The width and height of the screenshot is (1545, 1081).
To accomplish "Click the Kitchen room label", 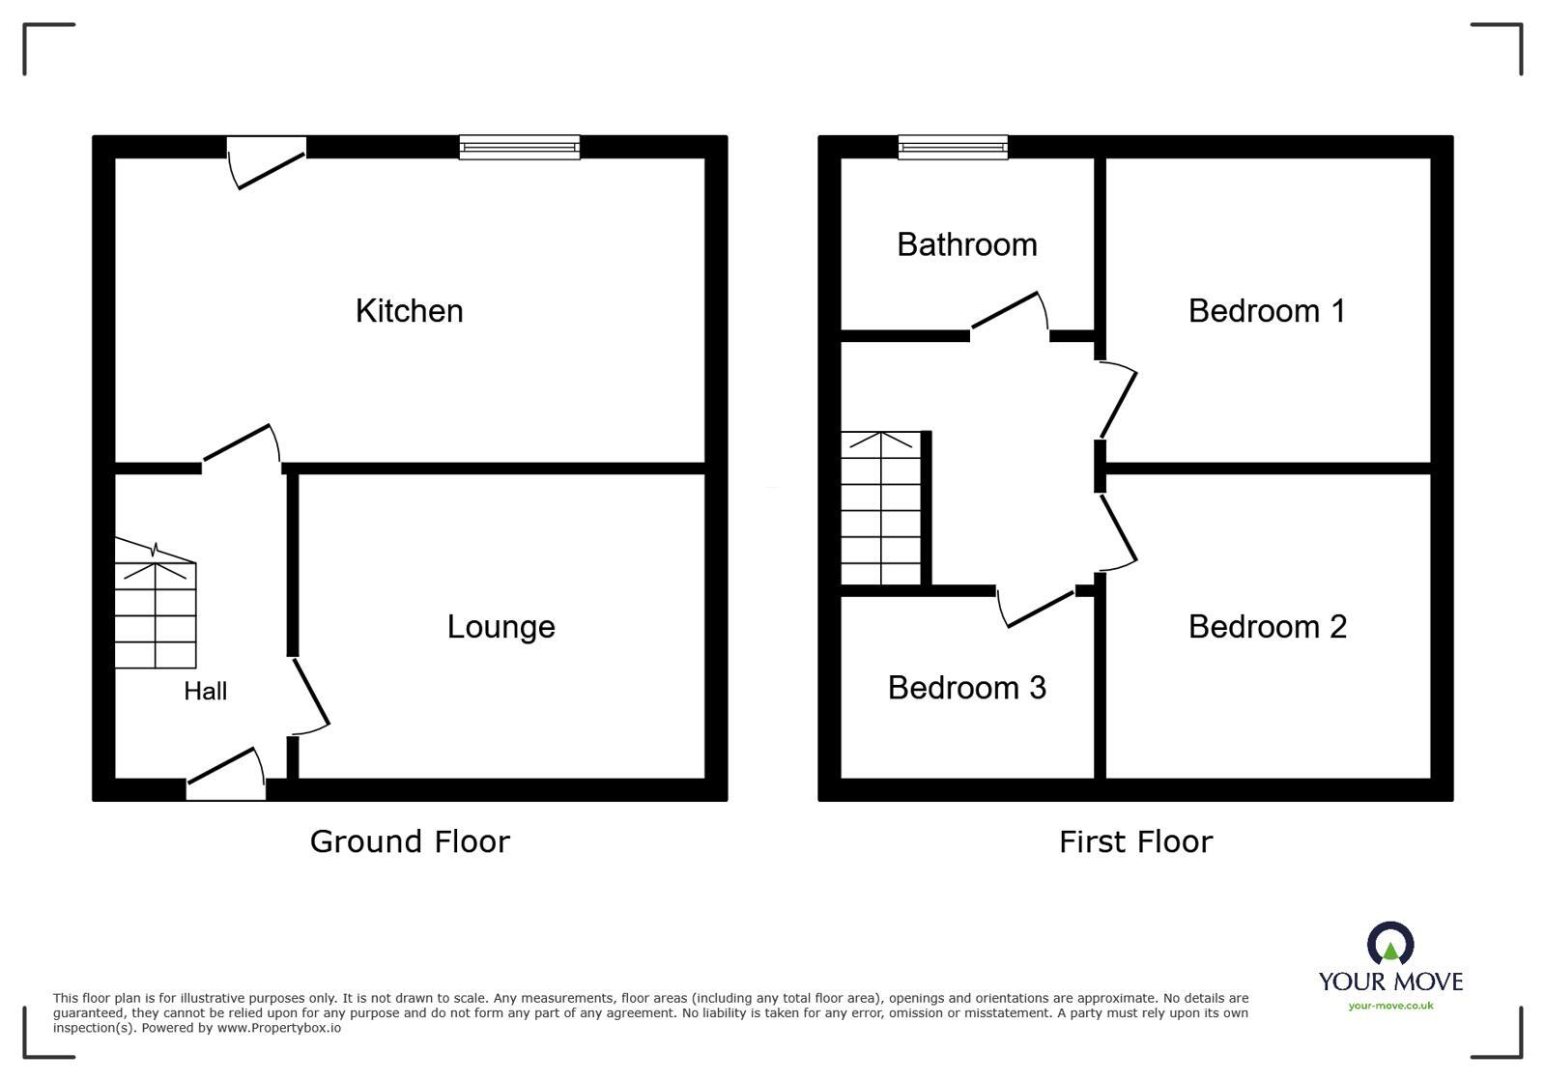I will [x=409, y=311].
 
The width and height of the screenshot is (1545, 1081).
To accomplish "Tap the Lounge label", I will [x=501, y=627].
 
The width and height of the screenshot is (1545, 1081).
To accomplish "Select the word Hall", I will [x=206, y=691].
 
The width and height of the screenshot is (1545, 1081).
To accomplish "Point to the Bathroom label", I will [x=966, y=244].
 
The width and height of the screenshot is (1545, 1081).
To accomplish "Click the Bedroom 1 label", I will [x=1266, y=311].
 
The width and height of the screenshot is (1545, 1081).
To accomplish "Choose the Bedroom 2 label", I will [x=1267, y=627].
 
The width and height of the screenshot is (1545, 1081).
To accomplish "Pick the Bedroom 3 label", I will [x=966, y=688].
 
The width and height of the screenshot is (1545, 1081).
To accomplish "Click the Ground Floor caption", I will [x=410, y=841].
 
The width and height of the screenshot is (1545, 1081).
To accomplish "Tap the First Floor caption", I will [x=1135, y=841].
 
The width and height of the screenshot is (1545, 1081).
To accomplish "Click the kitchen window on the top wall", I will [x=520, y=147].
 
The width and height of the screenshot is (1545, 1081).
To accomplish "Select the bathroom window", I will [x=953, y=147].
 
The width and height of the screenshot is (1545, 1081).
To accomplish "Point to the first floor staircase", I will [x=880, y=508].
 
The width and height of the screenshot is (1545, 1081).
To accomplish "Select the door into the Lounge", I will [x=309, y=692].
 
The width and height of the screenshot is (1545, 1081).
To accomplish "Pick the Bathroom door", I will [x=1010, y=314].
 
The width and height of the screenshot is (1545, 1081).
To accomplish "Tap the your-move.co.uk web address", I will [x=1390, y=1006].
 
